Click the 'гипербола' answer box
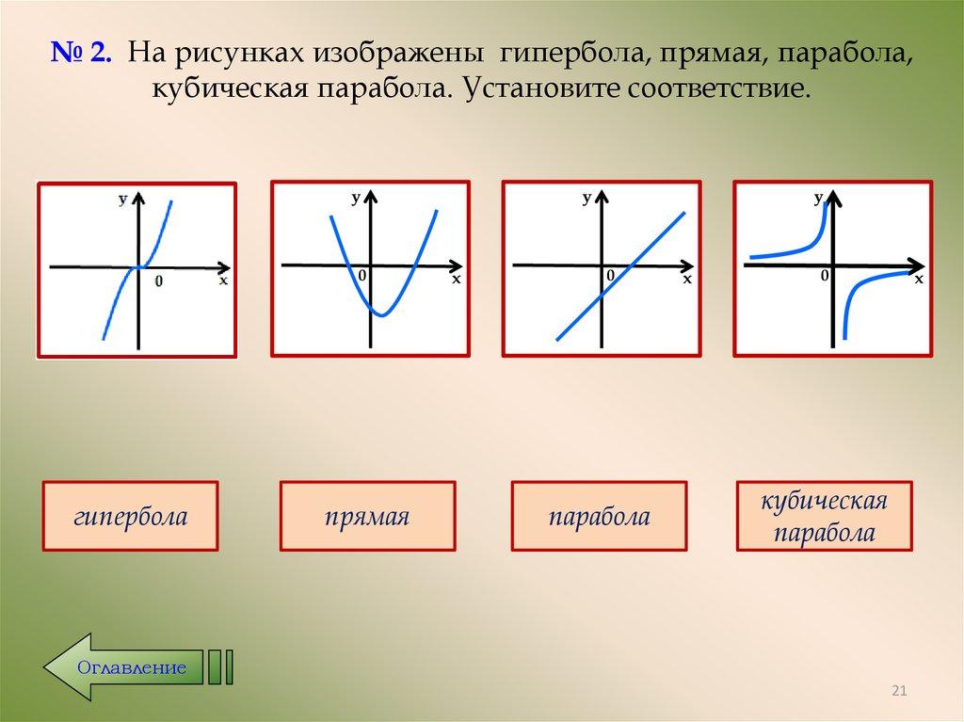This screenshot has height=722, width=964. pyautogui.click(x=130, y=517)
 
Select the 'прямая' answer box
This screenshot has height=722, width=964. pyautogui.click(x=367, y=517)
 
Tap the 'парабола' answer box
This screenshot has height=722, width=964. pyautogui.click(x=599, y=517)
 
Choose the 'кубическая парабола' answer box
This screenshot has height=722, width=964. pyautogui.click(x=825, y=517)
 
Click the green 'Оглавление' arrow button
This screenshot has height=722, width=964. pyautogui.click(x=122, y=667)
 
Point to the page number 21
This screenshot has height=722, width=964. pyautogui.click(x=898, y=693)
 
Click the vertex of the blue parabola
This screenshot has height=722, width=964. pyautogui.click(x=380, y=313)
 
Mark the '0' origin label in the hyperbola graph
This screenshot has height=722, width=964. pyautogui.click(x=825, y=276)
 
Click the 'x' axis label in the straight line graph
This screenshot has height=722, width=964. pyautogui.click(x=686, y=280)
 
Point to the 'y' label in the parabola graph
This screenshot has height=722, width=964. pyautogui.click(x=356, y=196)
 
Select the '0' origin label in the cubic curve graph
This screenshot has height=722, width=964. pyautogui.click(x=157, y=281)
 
